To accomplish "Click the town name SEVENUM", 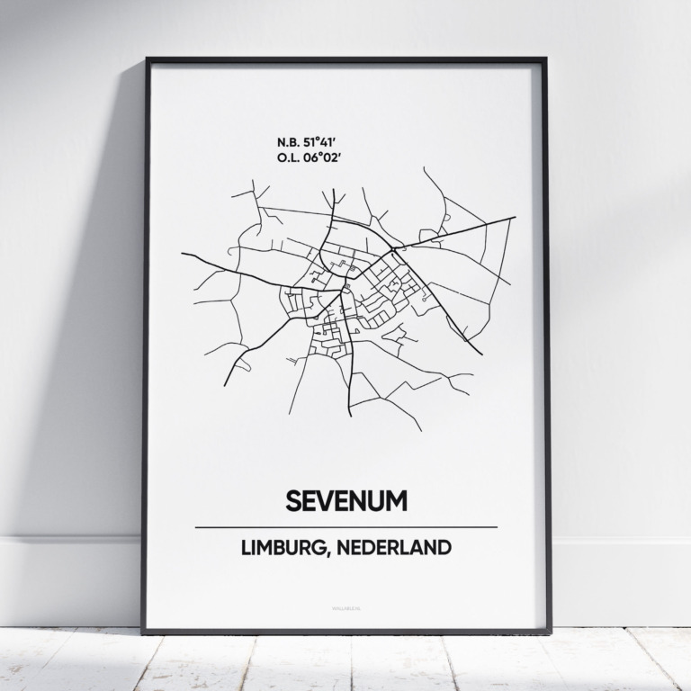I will tap(345, 500).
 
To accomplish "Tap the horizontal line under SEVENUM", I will tap(345, 526).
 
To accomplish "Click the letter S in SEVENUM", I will tap(292, 500).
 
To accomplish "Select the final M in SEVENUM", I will tap(397, 500).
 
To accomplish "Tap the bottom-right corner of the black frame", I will tap(550, 632).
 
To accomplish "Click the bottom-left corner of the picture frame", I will tap(142, 632).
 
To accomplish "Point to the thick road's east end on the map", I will tap(514, 217).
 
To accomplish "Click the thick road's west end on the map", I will tap(182, 254).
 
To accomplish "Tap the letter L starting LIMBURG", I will tap(246, 547).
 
